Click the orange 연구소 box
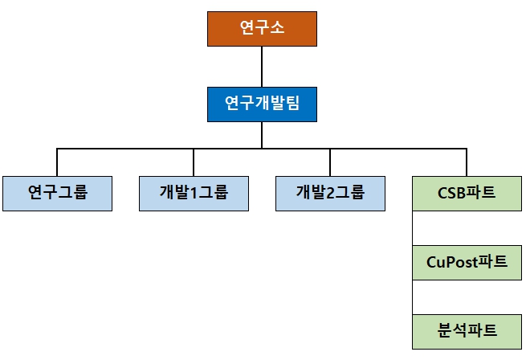(x=262, y=28)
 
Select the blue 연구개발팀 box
(x=262, y=104)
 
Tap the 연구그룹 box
(x=56, y=193)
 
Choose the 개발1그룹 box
(x=194, y=193)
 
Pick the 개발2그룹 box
(x=330, y=193)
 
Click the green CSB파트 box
(x=467, y=193)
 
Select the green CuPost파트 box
(x=467, y=262)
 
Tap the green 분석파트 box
(x=467, y=329)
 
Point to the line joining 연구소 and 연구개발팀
(x=262, y=66)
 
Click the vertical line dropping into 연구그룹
(x=56, y=162)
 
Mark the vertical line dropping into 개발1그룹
(x=194, y=162)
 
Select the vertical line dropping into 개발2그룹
(x=330, y=162)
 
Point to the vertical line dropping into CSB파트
(x=467, y=162)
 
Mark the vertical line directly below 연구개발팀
(x=262, y=135)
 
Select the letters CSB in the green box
(x=451, y=193)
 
